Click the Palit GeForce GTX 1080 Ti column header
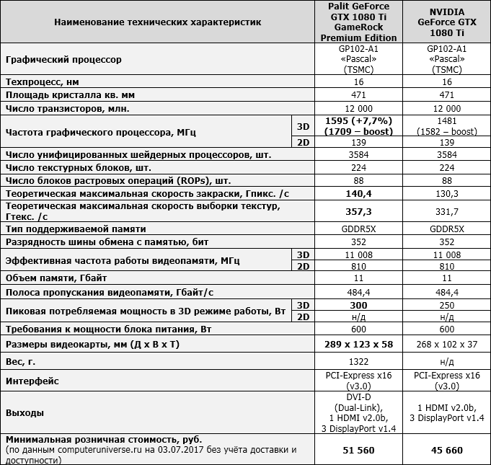pyautogui.click(x=359, y=22)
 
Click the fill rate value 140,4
pyautogui.click(x=359, y=194)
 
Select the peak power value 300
pyautogui.click(x=359, y=305)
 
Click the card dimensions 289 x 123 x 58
pyautogui.click(x=359, y=344)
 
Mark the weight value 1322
pyautogui.click(x=359, y=360)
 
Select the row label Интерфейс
pyautogui.click(x=32, y=380)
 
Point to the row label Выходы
pyautogui.click(x=25, y=412)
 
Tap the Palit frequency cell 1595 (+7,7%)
pyautogui.click(x=359, y=120)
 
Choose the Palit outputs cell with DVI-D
pyautogui.click(x=359, y=412)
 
